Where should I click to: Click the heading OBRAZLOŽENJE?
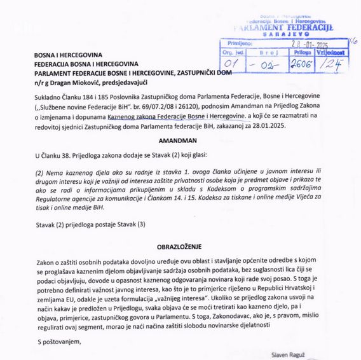click(x=180, y=246)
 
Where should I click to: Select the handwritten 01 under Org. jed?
click(x=232, y=64)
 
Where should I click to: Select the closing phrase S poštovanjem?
click(x=59, y=341)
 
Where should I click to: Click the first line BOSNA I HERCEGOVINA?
click(x=67, y=55)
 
